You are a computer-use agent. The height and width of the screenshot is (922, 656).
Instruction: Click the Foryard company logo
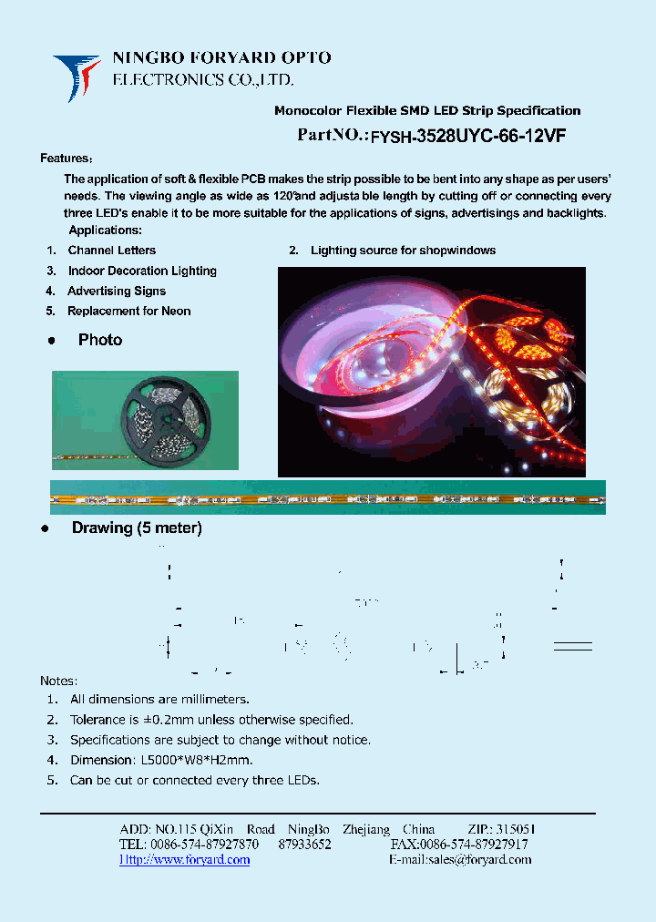coord(77,77)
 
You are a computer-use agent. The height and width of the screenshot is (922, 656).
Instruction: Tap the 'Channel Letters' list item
coord(111,251)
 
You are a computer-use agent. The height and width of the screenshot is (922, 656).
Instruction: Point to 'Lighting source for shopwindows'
coord(403,251)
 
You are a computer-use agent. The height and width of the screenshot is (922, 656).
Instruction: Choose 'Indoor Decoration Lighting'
coord(142,271)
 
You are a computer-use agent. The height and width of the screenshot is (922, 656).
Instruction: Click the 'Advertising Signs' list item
coord(117,292)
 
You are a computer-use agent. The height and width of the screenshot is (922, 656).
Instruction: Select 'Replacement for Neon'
coord(129,312)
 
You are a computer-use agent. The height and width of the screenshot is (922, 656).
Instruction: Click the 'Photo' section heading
coord(100,340)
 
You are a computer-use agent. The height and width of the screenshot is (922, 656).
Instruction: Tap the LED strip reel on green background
coord(146,419)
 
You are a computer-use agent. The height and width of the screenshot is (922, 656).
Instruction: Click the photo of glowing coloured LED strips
coord(431,372)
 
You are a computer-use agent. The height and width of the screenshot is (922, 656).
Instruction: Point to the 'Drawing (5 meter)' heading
coord(137,528)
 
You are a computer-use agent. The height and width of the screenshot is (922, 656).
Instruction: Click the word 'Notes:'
coord(59,681)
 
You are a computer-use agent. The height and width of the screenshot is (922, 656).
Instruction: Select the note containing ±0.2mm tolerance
coord(211,720)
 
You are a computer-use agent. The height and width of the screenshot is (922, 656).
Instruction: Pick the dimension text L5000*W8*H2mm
coord(197,760)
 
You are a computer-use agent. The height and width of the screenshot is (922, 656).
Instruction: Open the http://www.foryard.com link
coord(185,860)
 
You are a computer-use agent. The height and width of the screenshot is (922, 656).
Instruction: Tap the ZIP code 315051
coord(516,830)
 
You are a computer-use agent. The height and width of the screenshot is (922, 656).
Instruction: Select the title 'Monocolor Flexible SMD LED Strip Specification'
coord(427,111)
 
